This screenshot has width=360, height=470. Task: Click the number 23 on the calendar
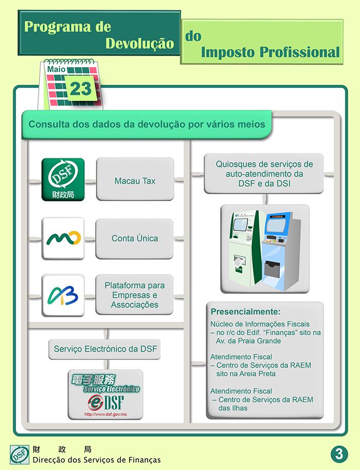point(80,88)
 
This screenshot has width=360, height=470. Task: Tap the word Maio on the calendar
point(56,69)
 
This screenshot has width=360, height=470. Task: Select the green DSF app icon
point(63,179)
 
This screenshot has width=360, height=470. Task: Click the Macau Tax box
point(135,179)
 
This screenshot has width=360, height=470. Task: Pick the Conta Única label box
point(134,239)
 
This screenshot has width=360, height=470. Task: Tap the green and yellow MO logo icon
point(63,239)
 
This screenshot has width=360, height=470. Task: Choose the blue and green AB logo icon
point(63,296)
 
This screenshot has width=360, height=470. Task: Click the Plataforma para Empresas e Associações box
point(134,295)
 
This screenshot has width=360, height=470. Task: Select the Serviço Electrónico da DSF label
point(104,349)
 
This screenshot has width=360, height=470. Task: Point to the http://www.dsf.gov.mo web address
point(105,414)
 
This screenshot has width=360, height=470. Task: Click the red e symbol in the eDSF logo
point(96,402)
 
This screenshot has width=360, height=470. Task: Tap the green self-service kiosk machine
point(244,249)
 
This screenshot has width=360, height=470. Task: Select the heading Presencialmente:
point(245,312)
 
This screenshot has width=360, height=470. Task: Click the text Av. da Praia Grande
point(248,341)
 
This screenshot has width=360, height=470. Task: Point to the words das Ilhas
point(233,408)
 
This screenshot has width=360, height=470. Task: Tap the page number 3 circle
point(339,454)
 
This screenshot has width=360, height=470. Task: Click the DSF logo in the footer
point(20,455)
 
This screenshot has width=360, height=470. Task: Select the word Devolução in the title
point(140,43)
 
